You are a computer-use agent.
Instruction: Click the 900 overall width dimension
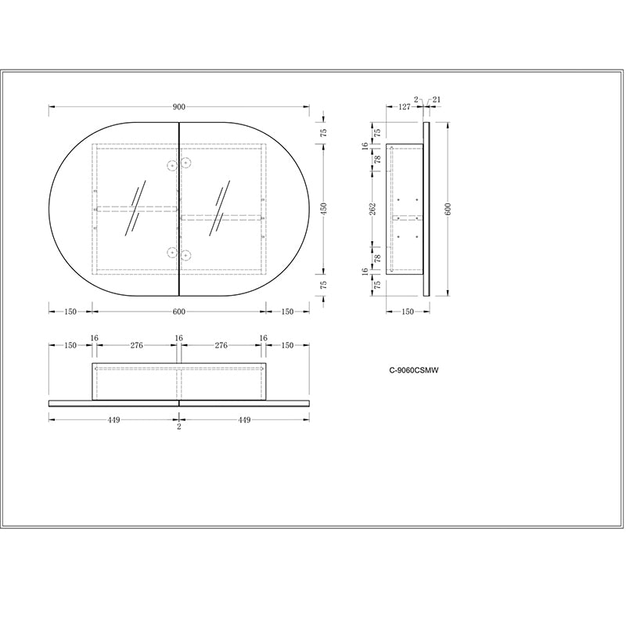(x=178, y=107)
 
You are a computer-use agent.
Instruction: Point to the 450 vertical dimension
(x=323, y=208)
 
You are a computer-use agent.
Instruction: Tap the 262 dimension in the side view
(x=373, y=208)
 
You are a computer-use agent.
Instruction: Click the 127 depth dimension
(x=403, y=108)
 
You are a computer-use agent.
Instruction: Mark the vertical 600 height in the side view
(x=448, y=208)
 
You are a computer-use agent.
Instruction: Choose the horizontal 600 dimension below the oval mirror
(x=178, y=311)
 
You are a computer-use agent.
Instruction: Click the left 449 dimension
(x=113, y=420)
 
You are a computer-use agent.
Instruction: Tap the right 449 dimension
(x=244, y=420)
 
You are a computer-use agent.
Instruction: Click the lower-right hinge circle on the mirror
(x=186, y=253)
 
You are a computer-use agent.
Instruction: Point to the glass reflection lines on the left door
(x=135, y=209)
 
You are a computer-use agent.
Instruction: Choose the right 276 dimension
(x=221, y=344)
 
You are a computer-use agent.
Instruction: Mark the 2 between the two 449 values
(x=178, y=427)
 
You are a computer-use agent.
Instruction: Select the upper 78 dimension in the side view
(x=376, y=160)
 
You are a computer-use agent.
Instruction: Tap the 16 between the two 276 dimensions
(x=178, y=339)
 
